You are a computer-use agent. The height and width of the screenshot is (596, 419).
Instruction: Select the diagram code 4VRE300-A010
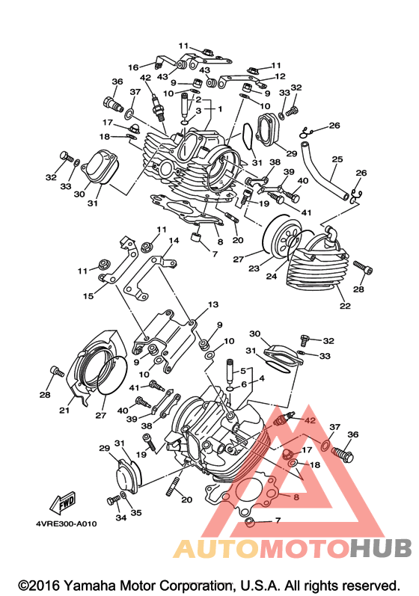pyautogui.click(x=67, y=523)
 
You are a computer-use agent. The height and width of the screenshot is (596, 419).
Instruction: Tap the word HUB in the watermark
pyautogui.click(x=381, y=548)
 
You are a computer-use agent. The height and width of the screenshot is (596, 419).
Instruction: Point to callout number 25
pyautogui.click(x=337, y=159)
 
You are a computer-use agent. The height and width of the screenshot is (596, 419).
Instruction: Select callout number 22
pyautogui.click(x=345, y=305)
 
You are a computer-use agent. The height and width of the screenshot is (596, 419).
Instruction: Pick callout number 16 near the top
pyautogui.click(x=133, y=67)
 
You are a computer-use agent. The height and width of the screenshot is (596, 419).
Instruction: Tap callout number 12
pyautogui.click(x=280, y=76)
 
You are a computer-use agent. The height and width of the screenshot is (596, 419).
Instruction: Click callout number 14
pyautogui.click(x=174, y=241)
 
